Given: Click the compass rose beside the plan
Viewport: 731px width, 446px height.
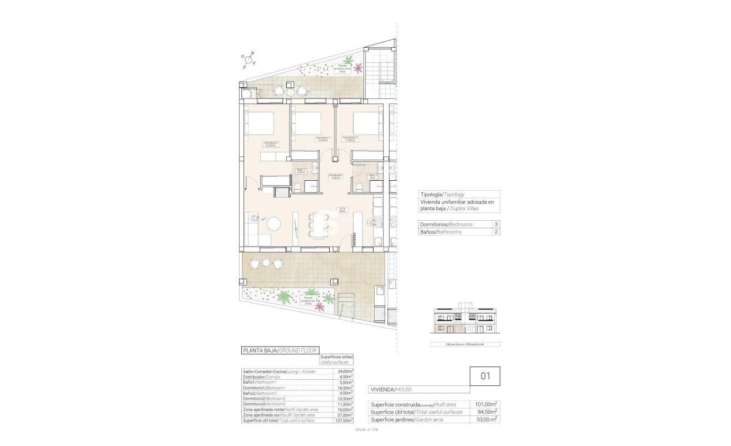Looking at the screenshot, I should click(x=248, y=60).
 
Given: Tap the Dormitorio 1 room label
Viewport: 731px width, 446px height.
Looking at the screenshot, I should click(x=271, y=145).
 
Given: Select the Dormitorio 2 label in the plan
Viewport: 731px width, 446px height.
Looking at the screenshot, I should click(x=322, y=139).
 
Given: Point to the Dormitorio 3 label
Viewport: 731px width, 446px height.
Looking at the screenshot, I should click(x=350, y=139).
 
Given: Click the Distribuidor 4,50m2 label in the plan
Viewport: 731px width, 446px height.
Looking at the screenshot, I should click(x=335, y=177).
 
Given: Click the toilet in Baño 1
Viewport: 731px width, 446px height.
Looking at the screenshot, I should click(x=298, y=187).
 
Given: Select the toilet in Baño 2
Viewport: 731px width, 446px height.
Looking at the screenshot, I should click(x=359, y=187).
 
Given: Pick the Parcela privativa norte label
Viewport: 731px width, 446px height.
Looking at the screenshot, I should click(x=342, y=68).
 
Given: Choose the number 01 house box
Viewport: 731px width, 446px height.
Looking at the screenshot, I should click(x=485, y=375).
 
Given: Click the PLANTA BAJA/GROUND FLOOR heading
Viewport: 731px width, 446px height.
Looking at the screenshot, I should click(x=279, y=350).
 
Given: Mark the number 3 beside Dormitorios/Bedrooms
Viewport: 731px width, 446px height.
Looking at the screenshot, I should click(x=495, y=224).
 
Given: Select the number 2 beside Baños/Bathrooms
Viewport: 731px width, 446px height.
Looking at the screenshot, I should click(x=495, y=232).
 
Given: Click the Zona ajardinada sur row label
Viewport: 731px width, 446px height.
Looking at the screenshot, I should click(x=279, y=414).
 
